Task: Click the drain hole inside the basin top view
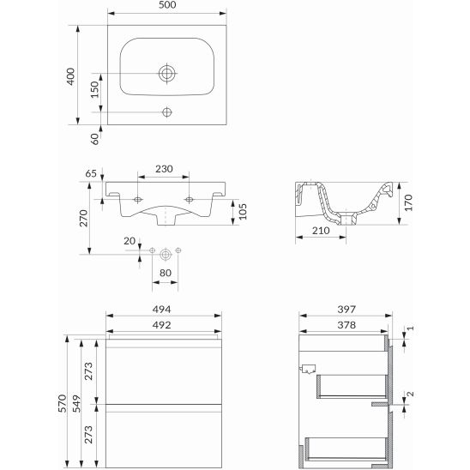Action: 167,73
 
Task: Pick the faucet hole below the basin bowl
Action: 167,111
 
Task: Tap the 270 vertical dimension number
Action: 82,217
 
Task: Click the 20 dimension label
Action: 129,242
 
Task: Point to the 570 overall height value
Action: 59,403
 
